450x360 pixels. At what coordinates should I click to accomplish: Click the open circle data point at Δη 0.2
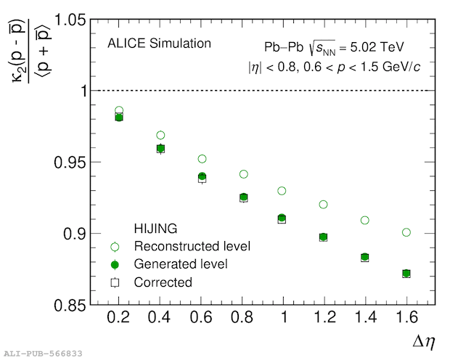click(119, 111)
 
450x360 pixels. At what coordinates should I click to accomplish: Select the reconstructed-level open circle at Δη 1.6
click(406, 232)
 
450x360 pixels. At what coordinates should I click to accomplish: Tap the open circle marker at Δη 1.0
click(282, 191)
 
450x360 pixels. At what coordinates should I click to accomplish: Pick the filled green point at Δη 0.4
click(160, 148)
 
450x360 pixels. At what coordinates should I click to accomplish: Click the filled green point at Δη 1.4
click(365, 257)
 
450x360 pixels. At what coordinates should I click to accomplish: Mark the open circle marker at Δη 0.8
click(244, 174)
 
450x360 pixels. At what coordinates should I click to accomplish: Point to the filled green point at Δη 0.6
click(202, 176)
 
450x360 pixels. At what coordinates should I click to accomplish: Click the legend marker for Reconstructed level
click(114, 247)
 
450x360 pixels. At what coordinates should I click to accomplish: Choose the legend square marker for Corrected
click(114, 282)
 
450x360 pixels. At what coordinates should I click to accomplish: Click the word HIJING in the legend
click(155, 228)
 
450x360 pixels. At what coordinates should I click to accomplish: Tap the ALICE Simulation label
click(159, 44)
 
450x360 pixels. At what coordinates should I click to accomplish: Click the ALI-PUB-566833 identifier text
click(41, 353)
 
